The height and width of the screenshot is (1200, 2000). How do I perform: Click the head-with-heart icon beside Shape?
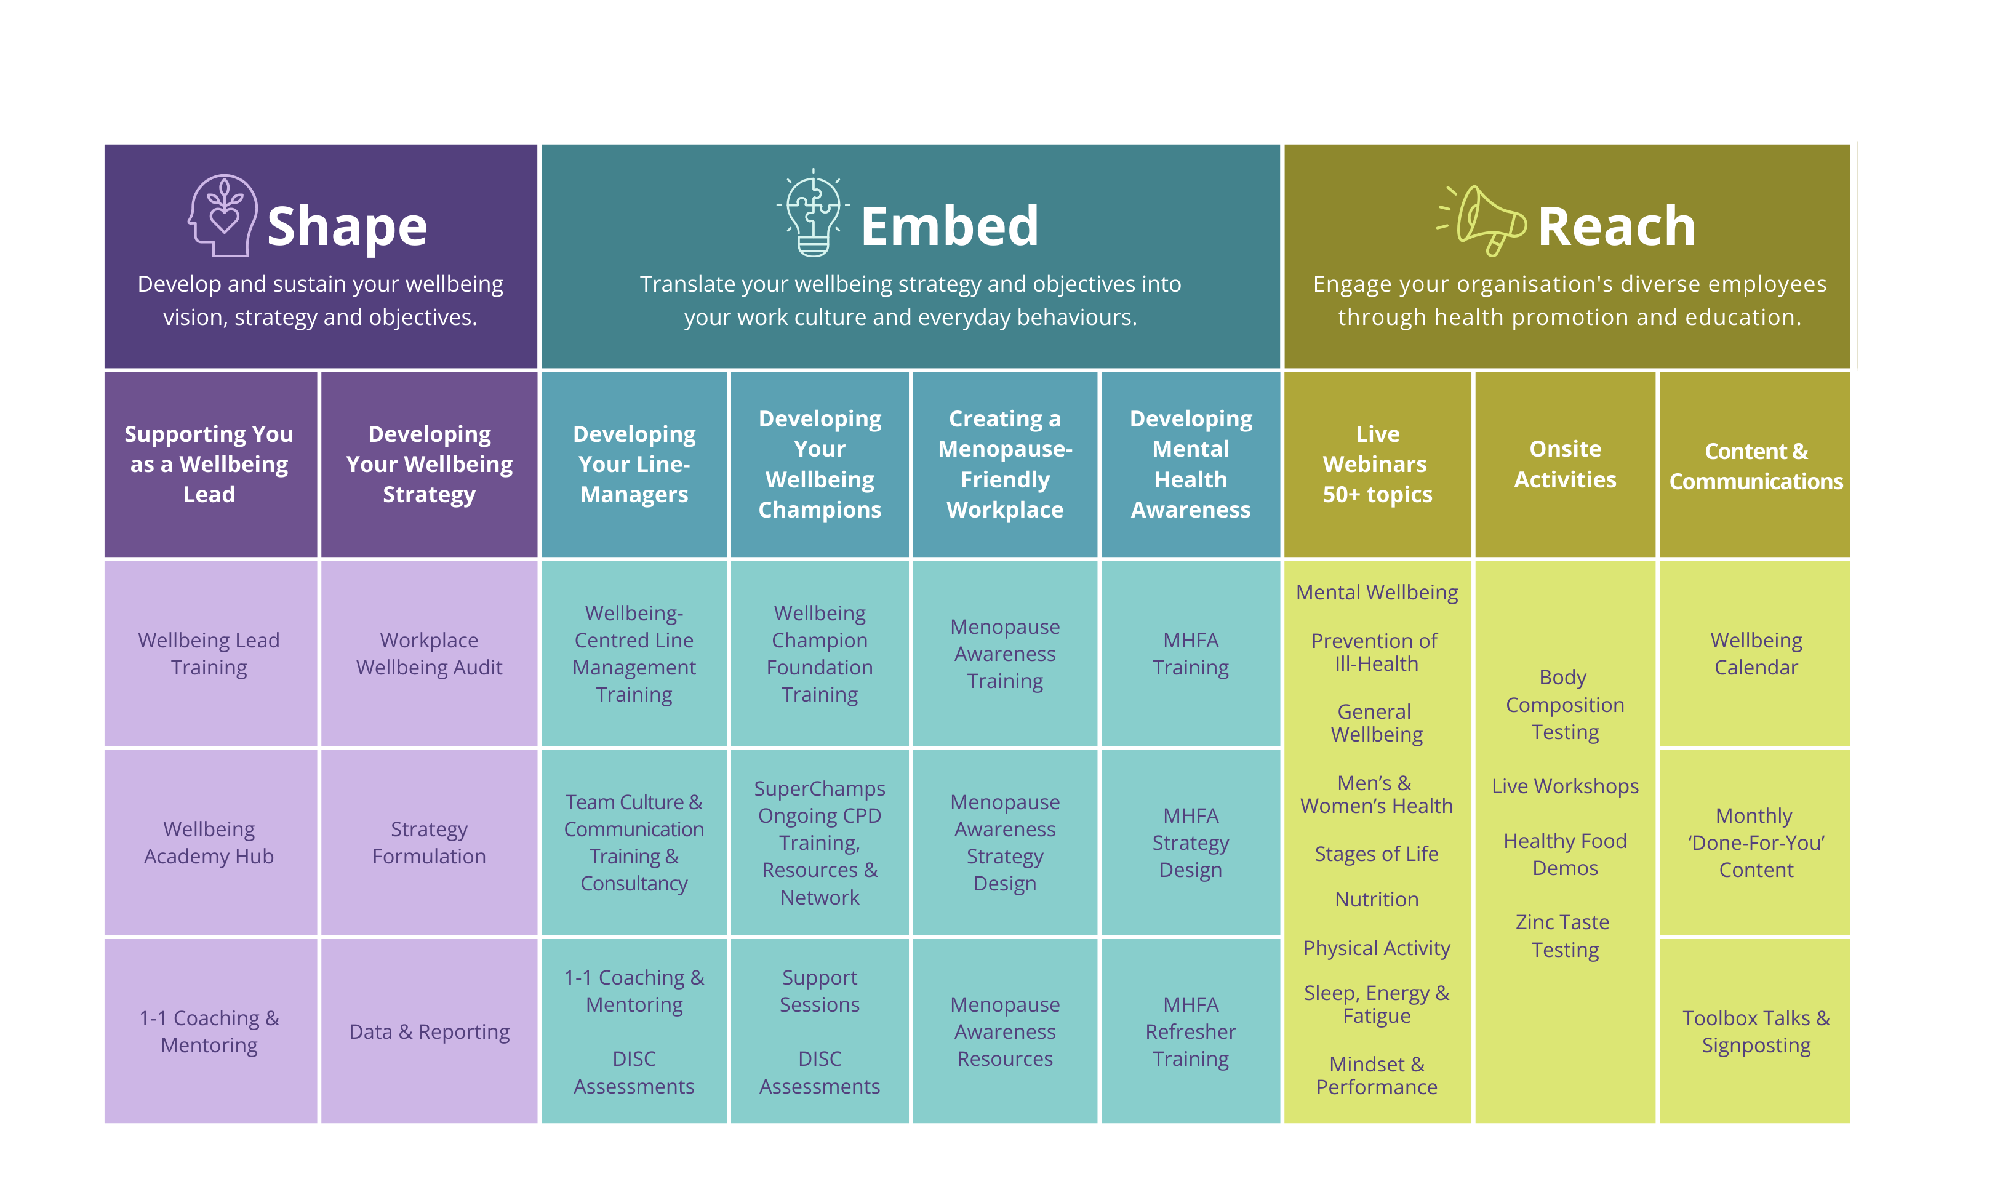click(x=222, y=216)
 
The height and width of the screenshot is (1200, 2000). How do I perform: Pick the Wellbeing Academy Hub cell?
click(x=209, y=842)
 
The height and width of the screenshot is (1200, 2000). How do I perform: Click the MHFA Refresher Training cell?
click(x=1190, y=1032)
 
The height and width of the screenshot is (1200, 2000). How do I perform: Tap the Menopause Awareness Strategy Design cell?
click(x=1005, y=842)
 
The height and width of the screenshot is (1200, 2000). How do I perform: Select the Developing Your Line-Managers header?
click(x=634, y=464)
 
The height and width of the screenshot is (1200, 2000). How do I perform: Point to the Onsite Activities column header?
click(x=1565, y=464)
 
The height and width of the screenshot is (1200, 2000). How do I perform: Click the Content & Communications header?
click(x=1755, y=466)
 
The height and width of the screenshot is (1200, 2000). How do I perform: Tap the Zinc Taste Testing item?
click(x=1564, y=935)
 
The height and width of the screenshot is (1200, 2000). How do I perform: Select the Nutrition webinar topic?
click(x=1376, y=899)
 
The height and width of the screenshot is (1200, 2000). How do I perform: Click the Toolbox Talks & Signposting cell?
click(x=1755, y=1032)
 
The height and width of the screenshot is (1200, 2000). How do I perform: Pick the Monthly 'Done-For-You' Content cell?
click(x=1755, y=842)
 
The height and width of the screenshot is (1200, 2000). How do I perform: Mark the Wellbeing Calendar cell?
click(x=1755, y=654)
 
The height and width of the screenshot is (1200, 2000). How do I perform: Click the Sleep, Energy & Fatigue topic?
click(x=1376, y=1004)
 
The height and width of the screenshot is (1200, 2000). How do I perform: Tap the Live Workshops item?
click(x=1565, y=786)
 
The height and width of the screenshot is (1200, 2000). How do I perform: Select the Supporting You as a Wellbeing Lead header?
click(x=209, y=464)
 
